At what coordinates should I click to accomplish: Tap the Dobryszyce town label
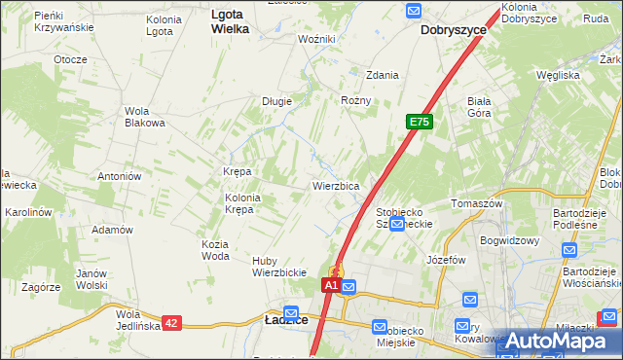point(454,30)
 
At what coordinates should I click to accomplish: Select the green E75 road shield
point(420,122)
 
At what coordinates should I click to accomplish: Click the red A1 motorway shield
point(331,285)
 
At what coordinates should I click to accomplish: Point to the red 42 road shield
point(171,322)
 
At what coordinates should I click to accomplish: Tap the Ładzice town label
point(287,319)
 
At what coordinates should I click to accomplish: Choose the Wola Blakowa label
point(143,116)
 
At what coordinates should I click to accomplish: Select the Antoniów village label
point(121,176)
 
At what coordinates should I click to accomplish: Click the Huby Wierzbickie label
point(279,267)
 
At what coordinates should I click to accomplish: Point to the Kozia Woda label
point(215,250)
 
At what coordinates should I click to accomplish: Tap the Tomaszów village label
point(476,203)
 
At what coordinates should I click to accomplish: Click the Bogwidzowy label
point(509,239)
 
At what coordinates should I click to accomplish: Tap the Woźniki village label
point(316,39)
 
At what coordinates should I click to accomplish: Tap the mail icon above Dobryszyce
point(413,11)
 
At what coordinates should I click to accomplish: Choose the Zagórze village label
point(41,287)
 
